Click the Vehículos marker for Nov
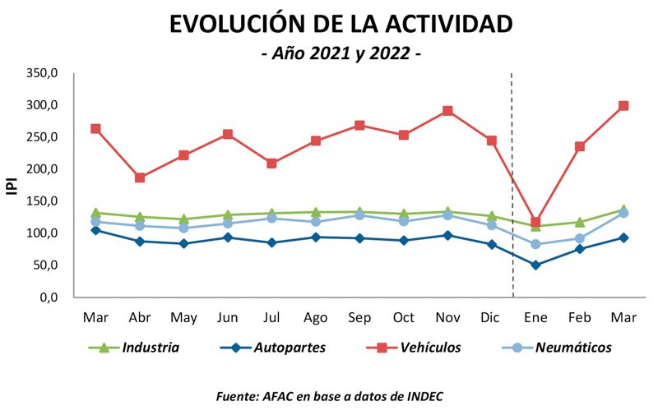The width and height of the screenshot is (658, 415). coord(447,111)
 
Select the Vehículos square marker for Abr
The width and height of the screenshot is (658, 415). coord(140,178)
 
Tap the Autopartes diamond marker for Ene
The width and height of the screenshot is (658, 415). coord(535,265)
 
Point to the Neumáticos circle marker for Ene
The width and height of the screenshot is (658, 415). coord(535,244)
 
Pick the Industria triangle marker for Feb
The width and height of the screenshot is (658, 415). coord(580,222)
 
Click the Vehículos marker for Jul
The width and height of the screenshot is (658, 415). coord(271,164)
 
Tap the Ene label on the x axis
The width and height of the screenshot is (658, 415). coord(535,316)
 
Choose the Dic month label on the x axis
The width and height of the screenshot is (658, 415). coord(491,316)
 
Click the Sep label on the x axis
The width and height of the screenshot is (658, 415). coord(359,316)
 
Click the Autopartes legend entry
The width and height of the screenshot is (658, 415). coord(288,348)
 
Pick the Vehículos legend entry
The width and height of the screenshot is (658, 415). coord(430,348)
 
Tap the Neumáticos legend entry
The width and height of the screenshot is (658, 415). coord(572,348)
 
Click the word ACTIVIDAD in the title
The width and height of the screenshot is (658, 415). coord(435,24)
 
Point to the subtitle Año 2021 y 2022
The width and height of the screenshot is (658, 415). coord(341,54)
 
